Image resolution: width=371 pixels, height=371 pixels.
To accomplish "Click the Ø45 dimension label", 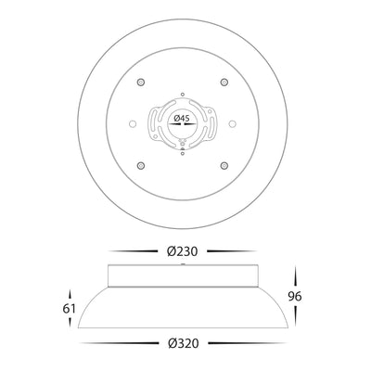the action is click(x=182, y=118).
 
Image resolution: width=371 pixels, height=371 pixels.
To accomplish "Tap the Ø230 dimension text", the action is click(x=182, y=251).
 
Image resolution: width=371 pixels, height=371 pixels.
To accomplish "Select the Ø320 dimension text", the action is click(x=184, y=343).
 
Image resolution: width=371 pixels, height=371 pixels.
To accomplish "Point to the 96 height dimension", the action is click(x=295, y=297).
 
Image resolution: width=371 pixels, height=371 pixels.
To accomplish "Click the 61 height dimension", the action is click(x=70, y=309).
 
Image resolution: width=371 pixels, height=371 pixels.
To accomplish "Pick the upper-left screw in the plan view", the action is click(x=141, y=83).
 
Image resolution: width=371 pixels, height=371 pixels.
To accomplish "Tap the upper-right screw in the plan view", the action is click(x=224, y=83).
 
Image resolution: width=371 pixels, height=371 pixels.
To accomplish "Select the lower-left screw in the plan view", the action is click(x=141, y=165).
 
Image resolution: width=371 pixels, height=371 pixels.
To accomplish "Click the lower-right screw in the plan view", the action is click(x=224, y=165).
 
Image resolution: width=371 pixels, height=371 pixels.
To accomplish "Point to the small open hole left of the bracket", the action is click(x=133, y=123).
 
